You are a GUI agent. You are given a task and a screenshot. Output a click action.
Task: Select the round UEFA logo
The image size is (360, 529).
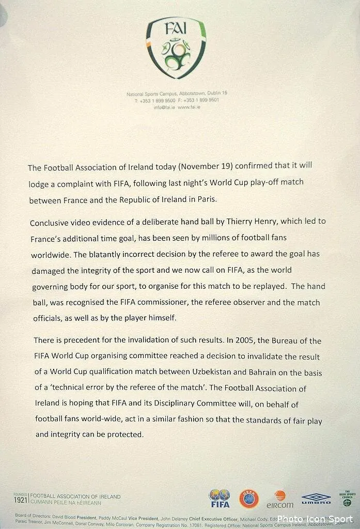pyautogui.click(x=248, y=498)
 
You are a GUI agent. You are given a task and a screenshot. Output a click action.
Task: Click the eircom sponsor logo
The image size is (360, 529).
pyautogui.click(x=280, y=499)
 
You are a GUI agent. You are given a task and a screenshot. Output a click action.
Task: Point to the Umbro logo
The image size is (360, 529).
pyautogui.click(x=316, y=499)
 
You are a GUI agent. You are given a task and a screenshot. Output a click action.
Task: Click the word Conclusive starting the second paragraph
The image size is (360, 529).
pyautogui.click(x=51, y=223)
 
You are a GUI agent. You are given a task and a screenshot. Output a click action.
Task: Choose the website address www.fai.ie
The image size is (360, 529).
pyautogui.click(x=189, y=107)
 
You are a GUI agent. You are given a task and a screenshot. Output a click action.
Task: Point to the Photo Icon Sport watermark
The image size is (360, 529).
pyautogui.click(x=315, y=519)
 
